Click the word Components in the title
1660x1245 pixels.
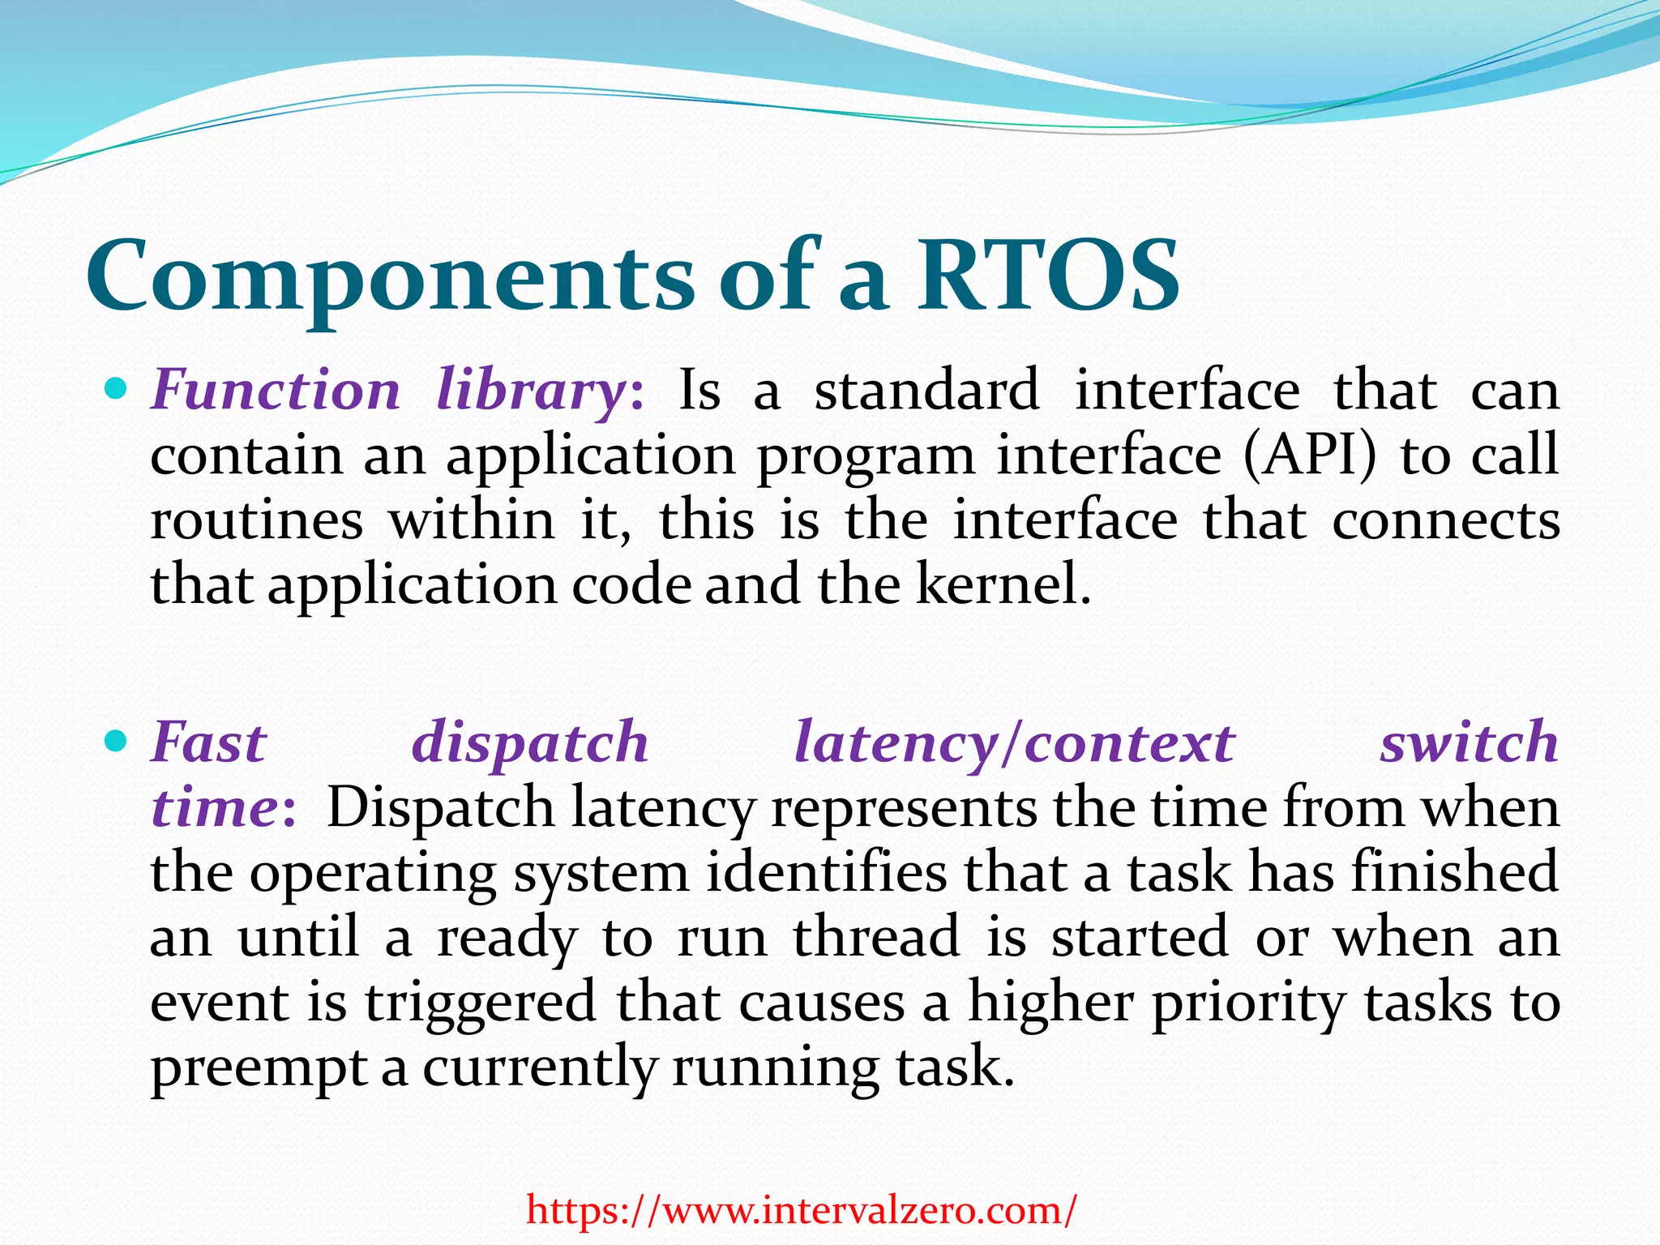[389, 277]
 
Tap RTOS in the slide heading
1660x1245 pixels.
[1047, 277]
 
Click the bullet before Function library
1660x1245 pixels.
[118, 391]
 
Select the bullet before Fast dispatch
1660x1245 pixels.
[118, 741]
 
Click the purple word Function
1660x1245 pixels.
[276, 391]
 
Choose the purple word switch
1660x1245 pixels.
[1469, 742]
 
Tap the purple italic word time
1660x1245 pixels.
[216, 808]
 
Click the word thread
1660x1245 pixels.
[876, 938]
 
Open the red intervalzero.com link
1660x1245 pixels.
[802, 1210]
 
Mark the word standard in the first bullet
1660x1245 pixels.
[926, 391]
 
